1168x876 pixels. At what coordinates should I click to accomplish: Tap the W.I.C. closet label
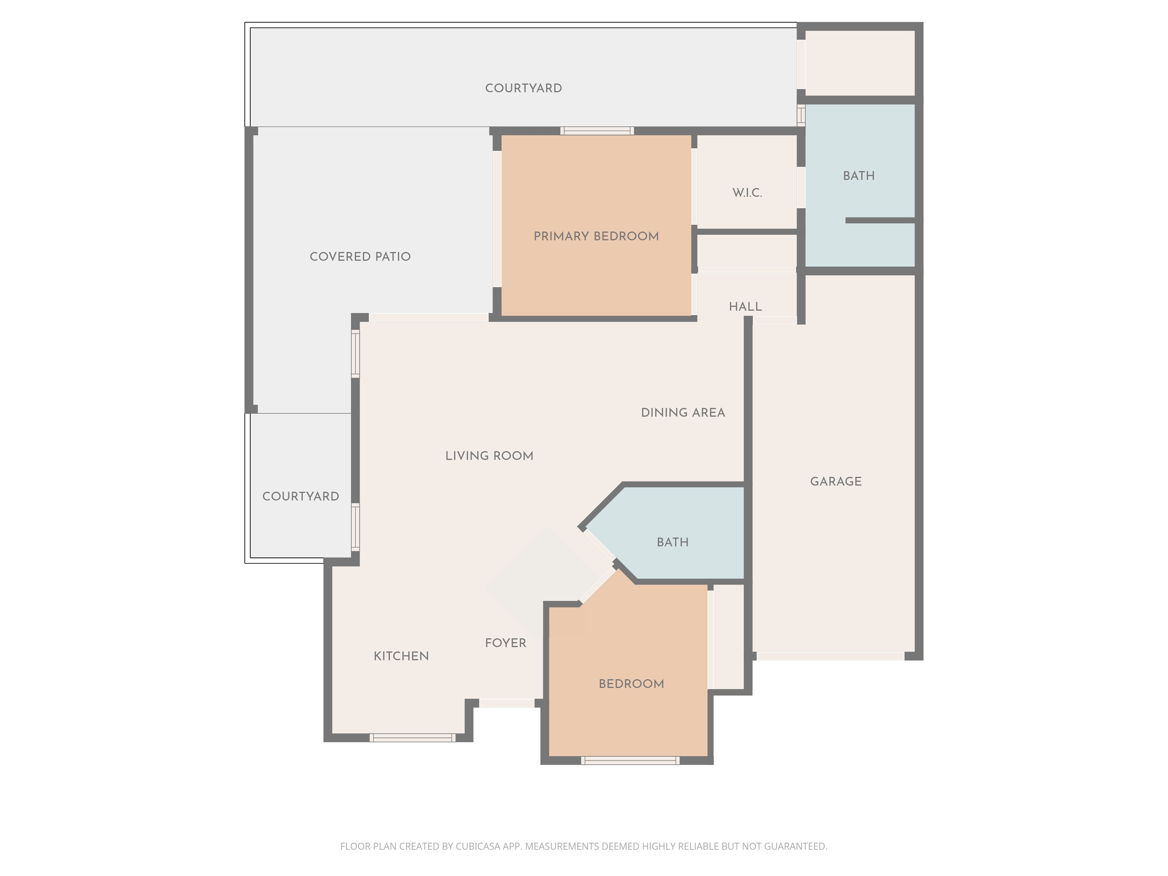(747, 193)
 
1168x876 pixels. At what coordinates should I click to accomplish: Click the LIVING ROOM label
(489, 456)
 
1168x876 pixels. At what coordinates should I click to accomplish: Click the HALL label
(745, 307)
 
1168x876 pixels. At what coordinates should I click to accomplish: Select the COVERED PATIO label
(360, 257)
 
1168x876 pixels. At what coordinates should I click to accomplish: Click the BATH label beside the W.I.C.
(858, 176)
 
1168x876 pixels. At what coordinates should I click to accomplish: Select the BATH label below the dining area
(672, 542)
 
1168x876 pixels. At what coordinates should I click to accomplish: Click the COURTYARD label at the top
(523, 88)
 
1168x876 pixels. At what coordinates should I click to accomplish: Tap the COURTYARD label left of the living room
(300, 496)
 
